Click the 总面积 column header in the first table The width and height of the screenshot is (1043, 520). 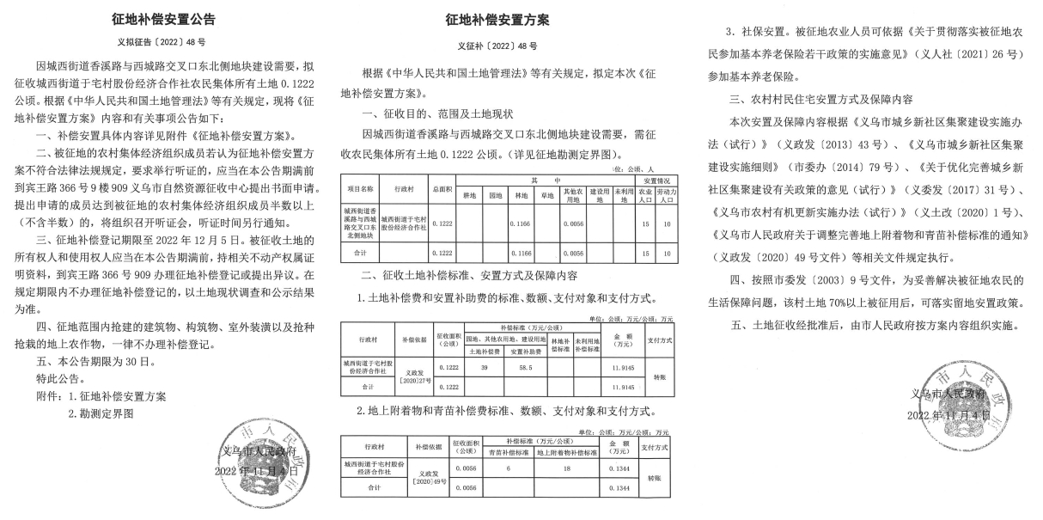442,187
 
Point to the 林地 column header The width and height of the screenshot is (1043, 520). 521,195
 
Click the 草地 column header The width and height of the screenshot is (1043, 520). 548,195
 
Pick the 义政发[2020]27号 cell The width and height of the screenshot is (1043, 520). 407,377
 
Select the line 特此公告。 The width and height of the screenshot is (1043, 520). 60,378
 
